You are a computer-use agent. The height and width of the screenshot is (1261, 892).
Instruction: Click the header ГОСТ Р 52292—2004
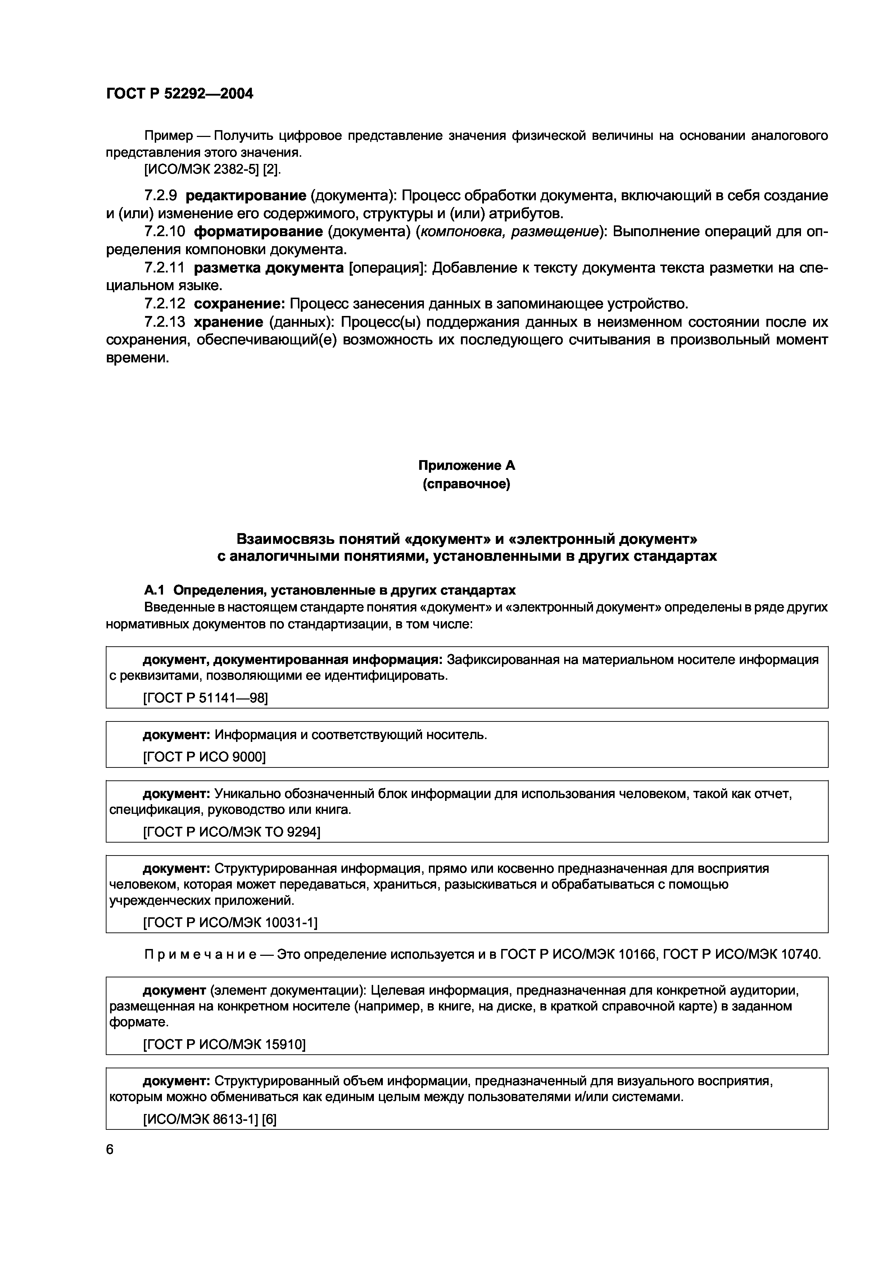pos(179,94)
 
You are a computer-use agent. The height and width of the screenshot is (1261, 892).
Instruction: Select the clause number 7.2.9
pos(160,196)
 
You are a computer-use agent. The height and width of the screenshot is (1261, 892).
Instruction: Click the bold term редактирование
pos(246,196)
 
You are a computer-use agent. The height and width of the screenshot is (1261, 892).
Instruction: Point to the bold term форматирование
pos(258,232)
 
